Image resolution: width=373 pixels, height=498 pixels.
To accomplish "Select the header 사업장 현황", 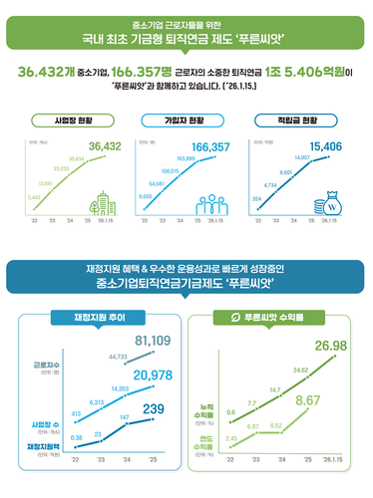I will [69, 120].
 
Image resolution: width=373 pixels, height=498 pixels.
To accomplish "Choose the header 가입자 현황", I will [185, 120].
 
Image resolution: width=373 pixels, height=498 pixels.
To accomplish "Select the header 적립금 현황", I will [302, 120].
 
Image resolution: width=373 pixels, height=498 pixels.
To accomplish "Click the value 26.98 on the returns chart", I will [330, 346].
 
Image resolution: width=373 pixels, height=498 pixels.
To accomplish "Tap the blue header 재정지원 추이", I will [93, 318].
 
